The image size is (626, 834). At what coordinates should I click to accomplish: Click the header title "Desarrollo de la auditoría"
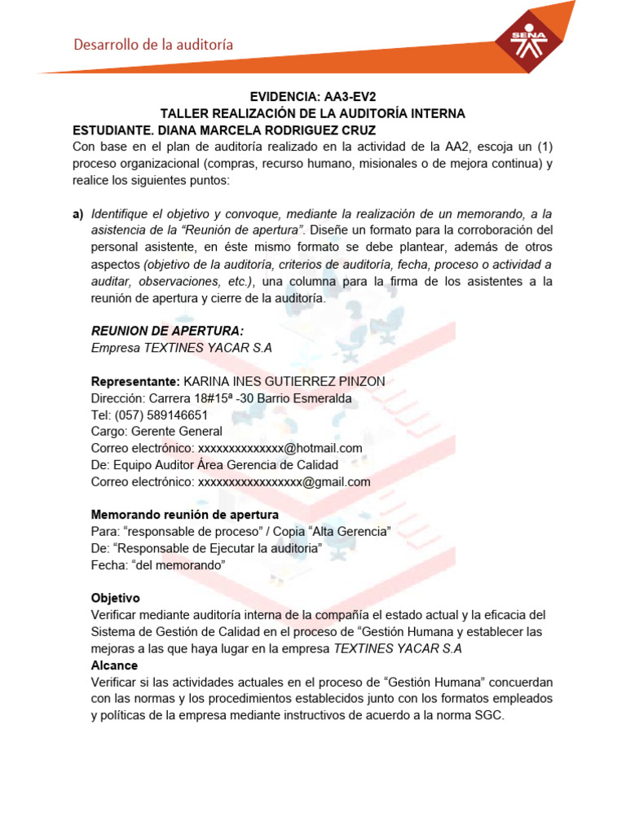154,45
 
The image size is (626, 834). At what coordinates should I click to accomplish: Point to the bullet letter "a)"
78,214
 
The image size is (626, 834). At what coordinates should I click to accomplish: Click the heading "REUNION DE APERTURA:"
168,330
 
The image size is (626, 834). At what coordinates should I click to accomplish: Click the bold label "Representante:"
135,381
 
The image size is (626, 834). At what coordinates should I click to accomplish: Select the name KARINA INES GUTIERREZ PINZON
284,381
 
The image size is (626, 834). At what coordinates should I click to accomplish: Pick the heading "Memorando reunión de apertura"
185,515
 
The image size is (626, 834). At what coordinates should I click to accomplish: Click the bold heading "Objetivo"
116,599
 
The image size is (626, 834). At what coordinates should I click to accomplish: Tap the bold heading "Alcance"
115,665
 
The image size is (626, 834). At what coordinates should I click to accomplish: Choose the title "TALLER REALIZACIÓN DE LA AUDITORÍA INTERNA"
312,113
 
